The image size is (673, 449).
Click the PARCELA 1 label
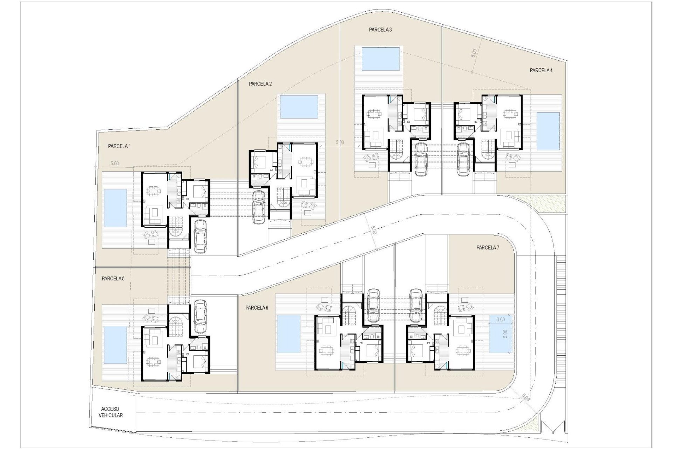tap(119, 146)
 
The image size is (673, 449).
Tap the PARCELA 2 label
tap(260, 84)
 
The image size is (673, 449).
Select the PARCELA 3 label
tap(380, 30)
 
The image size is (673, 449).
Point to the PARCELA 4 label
tap(541, 70)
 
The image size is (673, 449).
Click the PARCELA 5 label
tap(113, 279)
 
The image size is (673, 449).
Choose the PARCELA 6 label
tap(257, 308)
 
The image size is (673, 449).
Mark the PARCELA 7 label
tap(488, 248)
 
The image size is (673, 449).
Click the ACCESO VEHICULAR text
tap(111, 412)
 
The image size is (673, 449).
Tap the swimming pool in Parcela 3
tap(381, 59)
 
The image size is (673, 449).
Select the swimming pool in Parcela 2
tap(299, 107)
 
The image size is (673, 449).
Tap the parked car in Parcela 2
tap(259, 207)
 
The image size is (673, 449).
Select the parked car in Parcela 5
tap(200, 316)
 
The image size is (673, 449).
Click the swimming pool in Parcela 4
tap(548, 131)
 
